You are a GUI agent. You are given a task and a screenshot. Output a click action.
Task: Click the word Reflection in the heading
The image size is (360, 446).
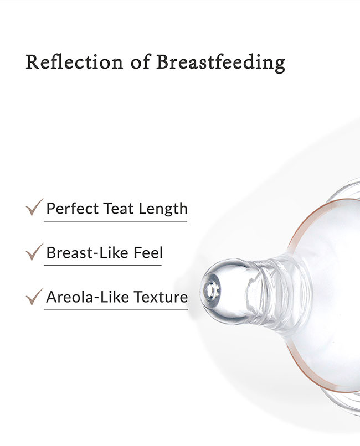coord(74,62)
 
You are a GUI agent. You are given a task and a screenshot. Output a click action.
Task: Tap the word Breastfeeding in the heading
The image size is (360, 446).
coord(220,63)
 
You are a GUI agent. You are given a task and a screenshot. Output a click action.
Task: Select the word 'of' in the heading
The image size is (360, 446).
coord(140,61)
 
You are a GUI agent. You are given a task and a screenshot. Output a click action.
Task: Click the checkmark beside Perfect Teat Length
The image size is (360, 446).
coord(34,207)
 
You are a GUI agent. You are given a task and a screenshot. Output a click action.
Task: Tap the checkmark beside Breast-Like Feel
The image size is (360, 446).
coord(34,252)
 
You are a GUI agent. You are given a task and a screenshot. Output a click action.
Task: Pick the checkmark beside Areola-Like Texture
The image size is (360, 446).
coord(34,297)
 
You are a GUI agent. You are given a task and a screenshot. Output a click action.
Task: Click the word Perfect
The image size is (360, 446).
coord(73,209)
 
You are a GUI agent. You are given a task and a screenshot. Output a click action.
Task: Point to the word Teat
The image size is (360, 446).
coord(118,209)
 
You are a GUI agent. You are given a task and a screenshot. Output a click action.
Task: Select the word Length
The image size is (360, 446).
coord(163,209)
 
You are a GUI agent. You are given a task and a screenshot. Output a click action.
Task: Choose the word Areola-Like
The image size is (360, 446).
coord(87,297)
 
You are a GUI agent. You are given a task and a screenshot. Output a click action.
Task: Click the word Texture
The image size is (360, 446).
coord(161,297)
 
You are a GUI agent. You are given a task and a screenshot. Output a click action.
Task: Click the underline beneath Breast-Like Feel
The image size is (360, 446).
coord(102,265)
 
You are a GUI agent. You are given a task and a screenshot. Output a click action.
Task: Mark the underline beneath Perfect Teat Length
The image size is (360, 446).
coord(115,221)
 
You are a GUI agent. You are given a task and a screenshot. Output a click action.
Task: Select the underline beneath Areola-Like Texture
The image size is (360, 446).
coord(116,309)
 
